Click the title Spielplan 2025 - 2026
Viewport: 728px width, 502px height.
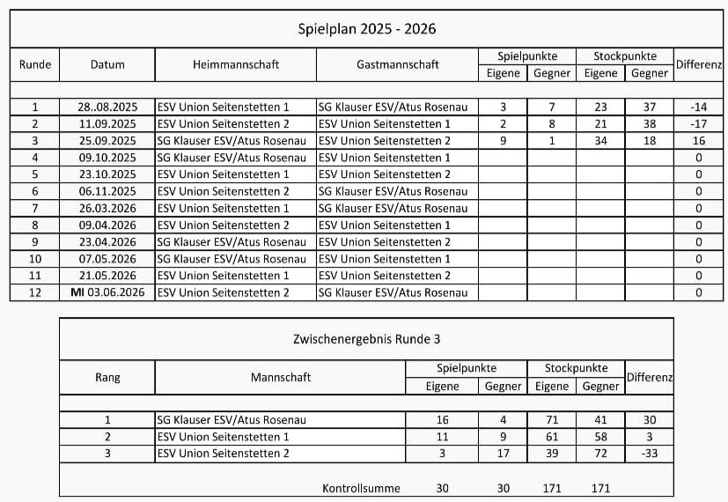coord(367,29)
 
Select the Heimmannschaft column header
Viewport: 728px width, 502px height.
coord(235,64)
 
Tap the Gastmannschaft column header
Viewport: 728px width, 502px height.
coord(397,64)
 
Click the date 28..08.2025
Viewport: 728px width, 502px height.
coord(107,107)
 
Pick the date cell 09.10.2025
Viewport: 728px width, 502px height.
coord(107,158)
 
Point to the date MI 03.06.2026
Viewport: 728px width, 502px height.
coord(107,292)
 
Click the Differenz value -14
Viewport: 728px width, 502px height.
coord(699,107)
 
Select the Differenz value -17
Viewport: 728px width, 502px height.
coord(699,124)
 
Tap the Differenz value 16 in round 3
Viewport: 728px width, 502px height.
coord(699,141)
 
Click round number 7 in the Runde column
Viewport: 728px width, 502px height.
coord(35,208)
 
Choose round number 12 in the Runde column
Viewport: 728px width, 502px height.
coord(35,292)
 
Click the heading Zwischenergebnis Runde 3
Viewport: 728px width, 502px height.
coord(366,339)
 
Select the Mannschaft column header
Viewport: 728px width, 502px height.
coord(280,377)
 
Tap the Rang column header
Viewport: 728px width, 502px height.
coord(107,377)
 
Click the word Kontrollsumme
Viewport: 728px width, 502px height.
coord(361,488)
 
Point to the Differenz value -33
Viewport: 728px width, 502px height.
coord(649,454)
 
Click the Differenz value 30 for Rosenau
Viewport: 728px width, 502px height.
coord(649,420)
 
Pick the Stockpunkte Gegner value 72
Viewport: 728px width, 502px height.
coord(601,454)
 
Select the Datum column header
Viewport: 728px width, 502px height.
coord(107,64)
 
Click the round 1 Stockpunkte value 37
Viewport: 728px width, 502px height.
coord(650,107)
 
